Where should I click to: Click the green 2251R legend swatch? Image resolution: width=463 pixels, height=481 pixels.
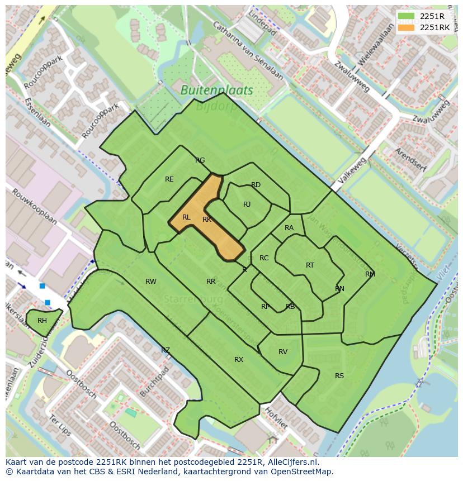[x=407, y=16]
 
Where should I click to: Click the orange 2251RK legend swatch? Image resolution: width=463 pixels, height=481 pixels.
[x=407, y=27]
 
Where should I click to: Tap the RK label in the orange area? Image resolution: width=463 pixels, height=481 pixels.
[x=207, y=220]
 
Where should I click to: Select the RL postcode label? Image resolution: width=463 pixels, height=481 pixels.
[x=186, y=217]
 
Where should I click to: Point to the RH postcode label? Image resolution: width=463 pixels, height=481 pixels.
[x=42, y=321]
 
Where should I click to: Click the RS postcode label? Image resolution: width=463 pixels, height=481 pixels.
[x=339, y=376]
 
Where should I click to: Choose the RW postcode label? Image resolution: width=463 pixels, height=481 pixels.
[x=151, y=282]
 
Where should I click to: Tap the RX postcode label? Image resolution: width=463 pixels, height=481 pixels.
[x=239, y=360]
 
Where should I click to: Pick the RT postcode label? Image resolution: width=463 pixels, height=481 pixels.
[x=310, y=265]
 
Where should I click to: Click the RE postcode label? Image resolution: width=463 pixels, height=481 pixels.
[x=169, y=179]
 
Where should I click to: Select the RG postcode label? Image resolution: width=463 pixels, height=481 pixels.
[x=200, y=160]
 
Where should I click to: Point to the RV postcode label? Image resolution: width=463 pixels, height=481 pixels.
[x=283, y=352]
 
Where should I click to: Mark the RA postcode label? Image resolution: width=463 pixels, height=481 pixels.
[x=289, y=228]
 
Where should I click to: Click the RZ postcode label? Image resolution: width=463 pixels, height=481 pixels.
[x=166, y=350]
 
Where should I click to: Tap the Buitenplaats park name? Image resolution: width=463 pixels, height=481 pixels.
[x=216, y=90]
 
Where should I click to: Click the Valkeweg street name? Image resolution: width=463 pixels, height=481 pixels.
[x=351, y=174]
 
